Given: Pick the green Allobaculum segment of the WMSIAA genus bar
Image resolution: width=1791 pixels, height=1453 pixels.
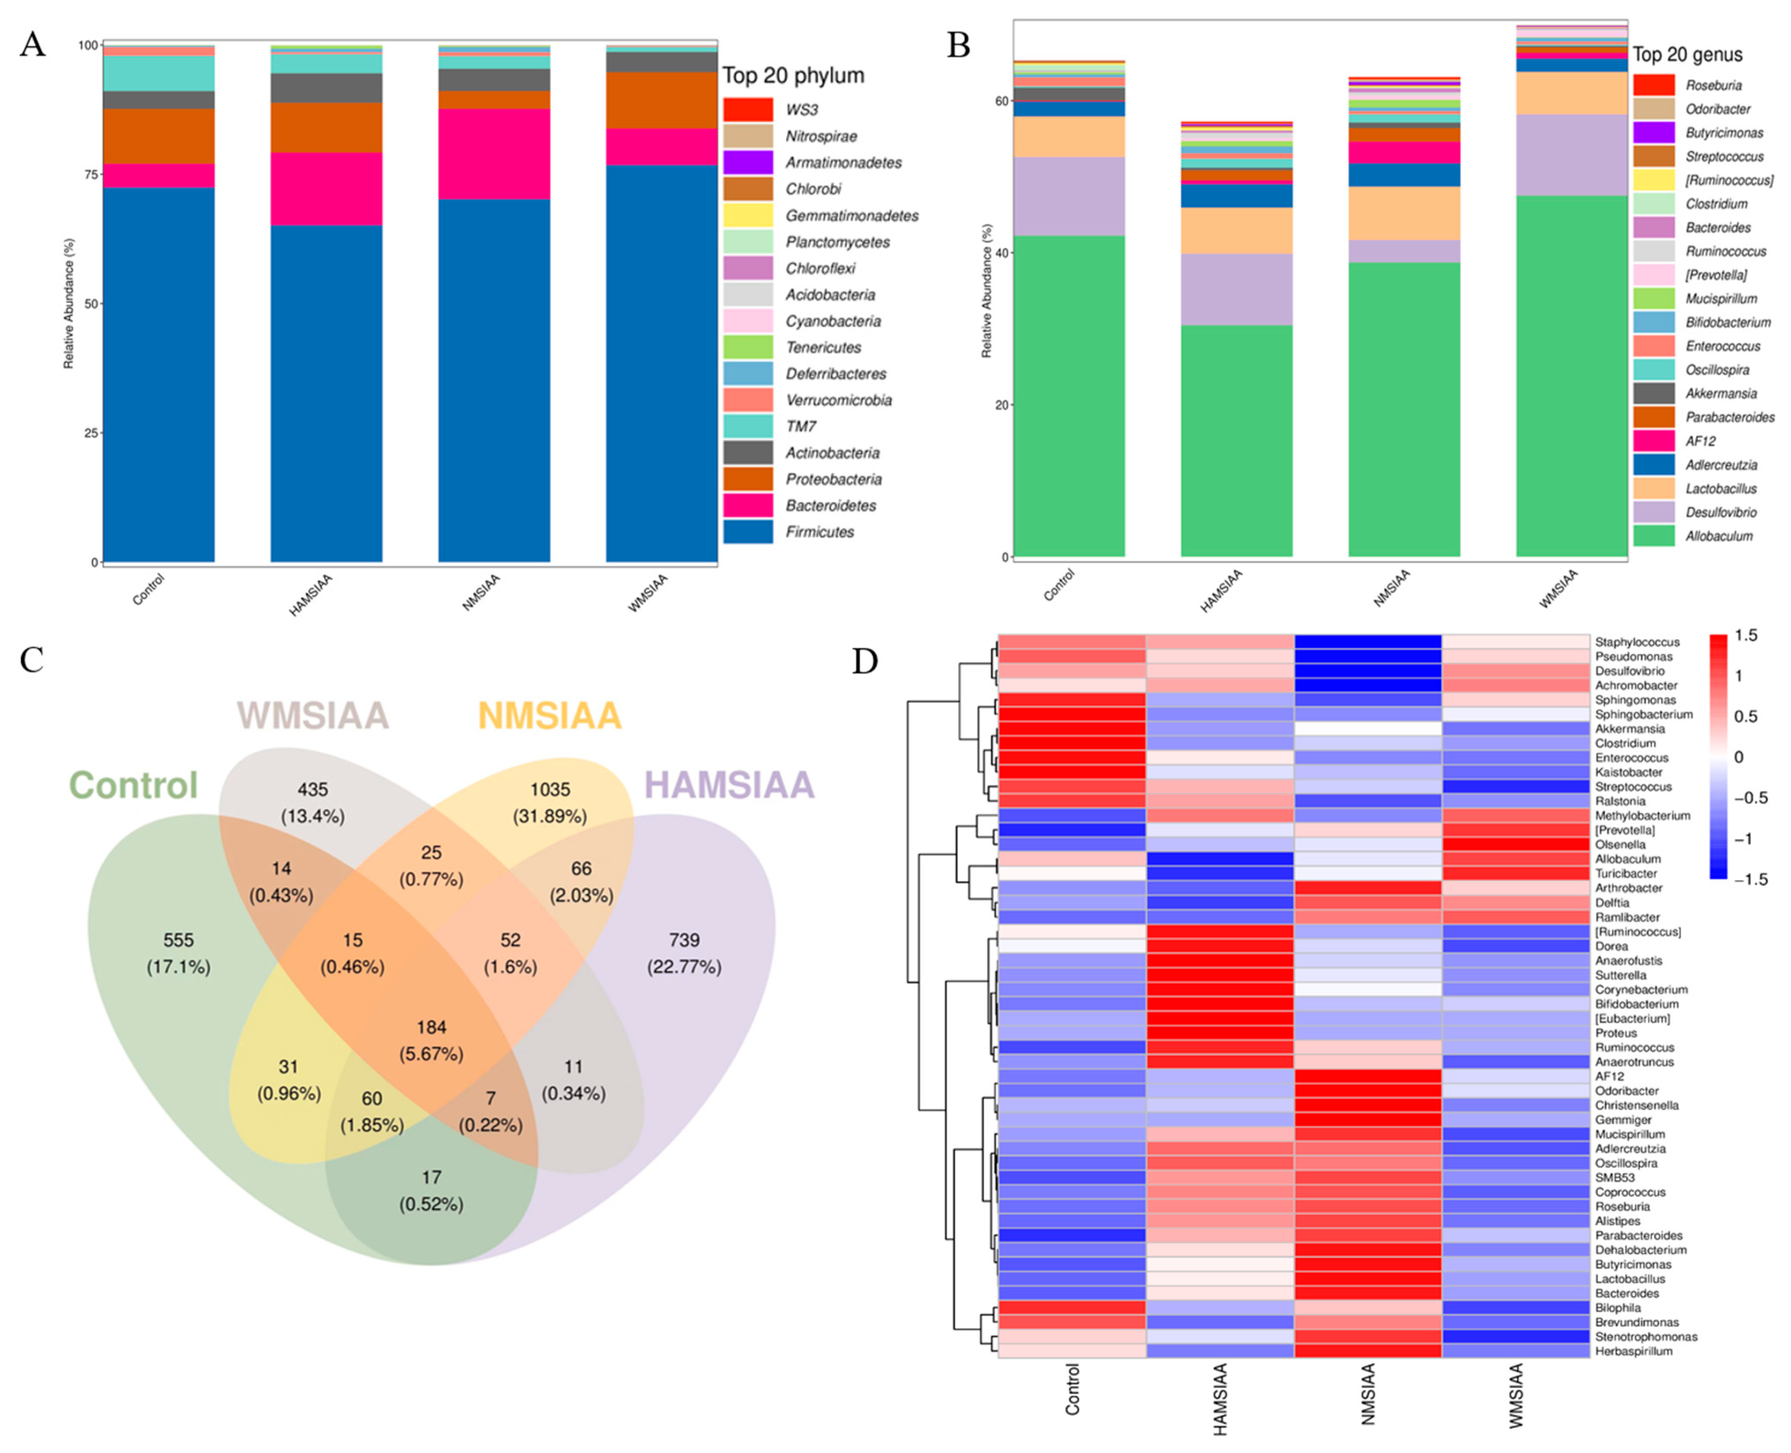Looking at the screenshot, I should [x=1571, y=377].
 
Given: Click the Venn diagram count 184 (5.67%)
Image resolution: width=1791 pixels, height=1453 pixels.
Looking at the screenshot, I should [x=431, y=1040].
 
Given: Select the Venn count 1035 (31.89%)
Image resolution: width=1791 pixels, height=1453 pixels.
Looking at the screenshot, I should [x=550, y=802].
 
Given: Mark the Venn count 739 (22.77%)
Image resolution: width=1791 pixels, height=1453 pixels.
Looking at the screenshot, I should [x=684, y=953].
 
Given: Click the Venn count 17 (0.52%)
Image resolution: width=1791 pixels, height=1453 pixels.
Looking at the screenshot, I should [x=431, y=1190].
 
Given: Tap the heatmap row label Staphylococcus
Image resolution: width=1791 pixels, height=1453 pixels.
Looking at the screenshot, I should [x=1636, y=642].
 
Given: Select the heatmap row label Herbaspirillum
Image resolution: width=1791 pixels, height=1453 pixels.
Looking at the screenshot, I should [x=1633, y=1351].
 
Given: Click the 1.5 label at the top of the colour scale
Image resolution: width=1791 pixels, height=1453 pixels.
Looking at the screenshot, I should [x=1746, y=635].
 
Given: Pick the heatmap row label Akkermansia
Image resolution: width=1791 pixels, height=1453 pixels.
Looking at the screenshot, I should [x=1629, y=729].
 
